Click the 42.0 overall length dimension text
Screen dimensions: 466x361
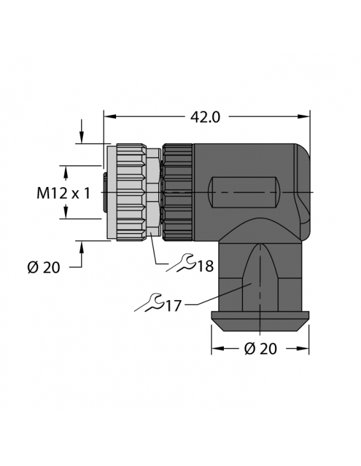pos(205,117)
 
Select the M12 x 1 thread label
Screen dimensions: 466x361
pos(61,193)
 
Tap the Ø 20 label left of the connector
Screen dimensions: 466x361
pos(43,267)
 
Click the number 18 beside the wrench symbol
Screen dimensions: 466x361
pos(205,266)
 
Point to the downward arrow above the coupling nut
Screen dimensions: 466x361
pos(82,137)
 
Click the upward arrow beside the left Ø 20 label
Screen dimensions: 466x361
pos(82,247)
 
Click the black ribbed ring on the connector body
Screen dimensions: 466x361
pos(178,192)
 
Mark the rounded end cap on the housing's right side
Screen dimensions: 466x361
pos(301,185)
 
